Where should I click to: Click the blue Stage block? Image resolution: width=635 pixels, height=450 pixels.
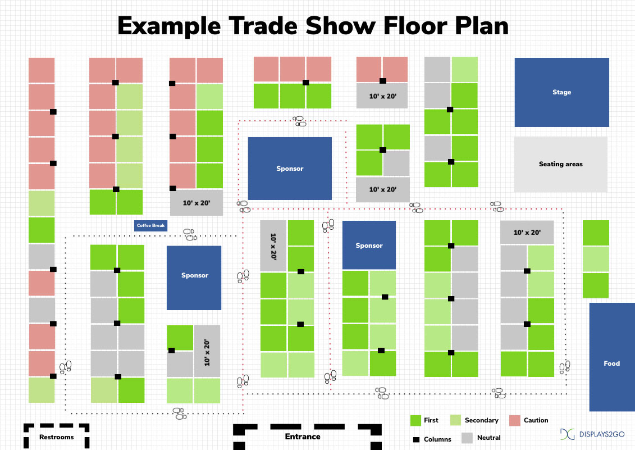[x=561, y=93]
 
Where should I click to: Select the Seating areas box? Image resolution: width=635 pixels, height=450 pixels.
[x=561, y=164]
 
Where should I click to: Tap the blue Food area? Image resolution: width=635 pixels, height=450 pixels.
[x=612, y=357]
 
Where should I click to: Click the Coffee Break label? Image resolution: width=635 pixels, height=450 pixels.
[x=150, y=225]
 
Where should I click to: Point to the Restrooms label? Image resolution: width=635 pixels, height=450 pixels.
[x=56, y=437]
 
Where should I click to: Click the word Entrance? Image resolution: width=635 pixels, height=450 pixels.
[x=303, y=437]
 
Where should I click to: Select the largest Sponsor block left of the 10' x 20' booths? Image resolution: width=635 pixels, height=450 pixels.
[x=290, y=168]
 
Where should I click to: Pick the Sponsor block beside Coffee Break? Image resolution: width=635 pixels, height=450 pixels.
[x=194, y=278]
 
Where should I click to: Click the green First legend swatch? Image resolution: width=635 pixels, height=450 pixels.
[x=415, y=420]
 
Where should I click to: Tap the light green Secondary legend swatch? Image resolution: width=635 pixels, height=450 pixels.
[x=455, y=420]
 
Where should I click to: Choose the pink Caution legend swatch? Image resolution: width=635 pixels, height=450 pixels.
[x=514, y=420]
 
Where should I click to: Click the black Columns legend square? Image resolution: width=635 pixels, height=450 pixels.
[x=416, y=439]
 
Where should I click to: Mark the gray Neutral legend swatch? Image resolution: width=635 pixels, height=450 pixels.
[x=467, y=438]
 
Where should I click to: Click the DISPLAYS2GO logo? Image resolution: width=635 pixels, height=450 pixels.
[x=592, y=434]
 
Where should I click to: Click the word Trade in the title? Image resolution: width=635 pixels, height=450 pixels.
[x=263, y=26]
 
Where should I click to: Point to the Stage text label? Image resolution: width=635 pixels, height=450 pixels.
[x=561, y=93]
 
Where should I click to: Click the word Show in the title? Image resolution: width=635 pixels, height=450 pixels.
[x=340, y=26]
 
